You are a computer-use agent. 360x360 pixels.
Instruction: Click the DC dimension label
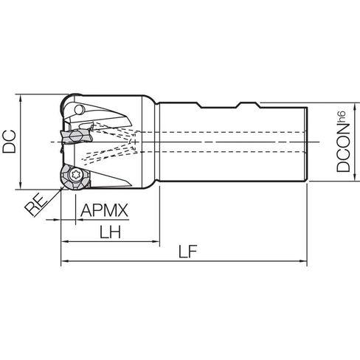9,142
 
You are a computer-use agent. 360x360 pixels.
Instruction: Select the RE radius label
36,205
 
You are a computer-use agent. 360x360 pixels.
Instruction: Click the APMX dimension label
104,210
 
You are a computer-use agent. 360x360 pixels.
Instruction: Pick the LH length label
110,232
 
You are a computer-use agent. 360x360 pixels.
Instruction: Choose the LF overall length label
188,252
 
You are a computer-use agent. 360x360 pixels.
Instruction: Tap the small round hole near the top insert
79,110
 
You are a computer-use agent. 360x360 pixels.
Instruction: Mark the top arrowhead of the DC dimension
21,97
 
